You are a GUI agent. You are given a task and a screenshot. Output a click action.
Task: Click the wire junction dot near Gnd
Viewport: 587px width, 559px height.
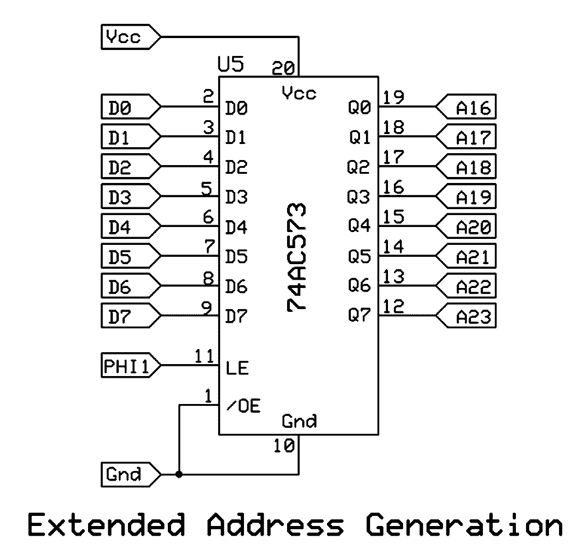[179, 475]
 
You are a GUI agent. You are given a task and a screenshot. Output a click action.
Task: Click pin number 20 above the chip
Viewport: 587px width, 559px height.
[283, 68]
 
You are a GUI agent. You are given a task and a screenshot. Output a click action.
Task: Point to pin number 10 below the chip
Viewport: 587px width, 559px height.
[283, 446]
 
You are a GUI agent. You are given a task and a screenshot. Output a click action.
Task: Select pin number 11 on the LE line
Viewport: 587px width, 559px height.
[204, 356]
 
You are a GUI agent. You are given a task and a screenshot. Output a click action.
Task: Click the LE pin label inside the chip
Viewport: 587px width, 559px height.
[237, 368]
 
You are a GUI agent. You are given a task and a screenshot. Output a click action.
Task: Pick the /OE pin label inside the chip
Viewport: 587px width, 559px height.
[244, 406]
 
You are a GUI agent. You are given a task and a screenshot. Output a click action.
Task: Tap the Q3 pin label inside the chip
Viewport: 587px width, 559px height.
[359, 197]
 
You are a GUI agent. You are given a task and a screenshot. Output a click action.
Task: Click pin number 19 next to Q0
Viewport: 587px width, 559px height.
[393, 98]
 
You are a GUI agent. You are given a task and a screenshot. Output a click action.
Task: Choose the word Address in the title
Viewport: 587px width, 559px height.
[275, 525]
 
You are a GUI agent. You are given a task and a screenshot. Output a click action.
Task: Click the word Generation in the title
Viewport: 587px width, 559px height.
[464, 525]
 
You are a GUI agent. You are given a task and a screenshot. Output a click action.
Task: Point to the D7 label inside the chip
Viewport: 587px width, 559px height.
[236, 316]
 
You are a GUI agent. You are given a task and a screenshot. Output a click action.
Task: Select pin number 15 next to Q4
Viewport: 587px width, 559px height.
[393, 217]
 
